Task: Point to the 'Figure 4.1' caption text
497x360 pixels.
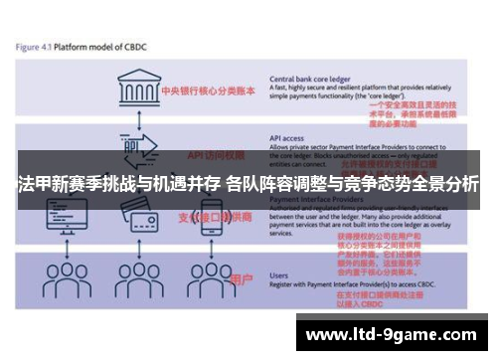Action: [x=34, y=47]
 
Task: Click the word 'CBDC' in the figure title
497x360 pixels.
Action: [x=135, y=47]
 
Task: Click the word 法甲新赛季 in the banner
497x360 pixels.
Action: [x=56, y=185]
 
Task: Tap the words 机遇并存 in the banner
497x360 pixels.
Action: [x=185, y=185]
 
